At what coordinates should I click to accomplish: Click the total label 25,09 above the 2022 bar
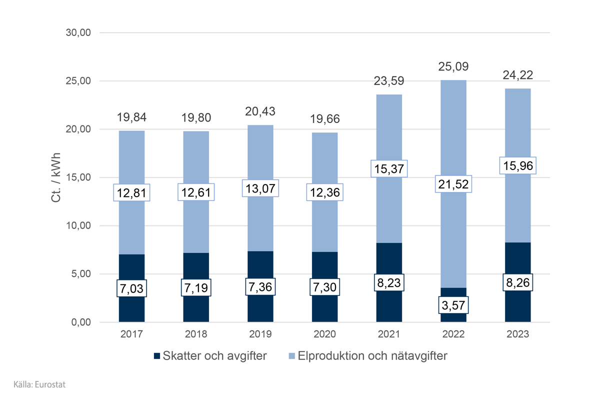point(453,67)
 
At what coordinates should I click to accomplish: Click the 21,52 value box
point(453,183)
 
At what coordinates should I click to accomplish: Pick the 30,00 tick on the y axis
point(77,33)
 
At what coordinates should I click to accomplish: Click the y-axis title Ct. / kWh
point(56,177)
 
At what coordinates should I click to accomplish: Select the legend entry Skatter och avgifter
point(210,356)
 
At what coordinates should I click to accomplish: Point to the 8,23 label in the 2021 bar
point(389,282)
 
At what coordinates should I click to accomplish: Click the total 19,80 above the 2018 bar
point(196,118)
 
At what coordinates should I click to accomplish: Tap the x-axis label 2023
point(517,334)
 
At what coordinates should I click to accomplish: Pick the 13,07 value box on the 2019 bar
point(260,188)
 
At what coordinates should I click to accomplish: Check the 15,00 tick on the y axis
point(77,177)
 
